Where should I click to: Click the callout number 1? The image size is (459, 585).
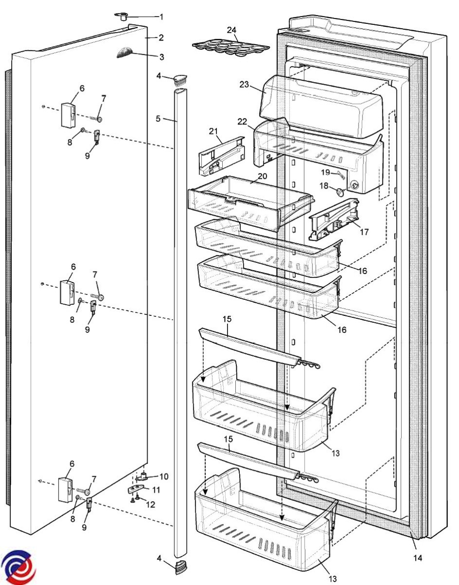(162, 17)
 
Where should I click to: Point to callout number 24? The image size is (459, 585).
(232, 30)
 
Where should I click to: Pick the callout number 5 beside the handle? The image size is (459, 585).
(158, 118)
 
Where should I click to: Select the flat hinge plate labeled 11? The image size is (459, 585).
(139, 489)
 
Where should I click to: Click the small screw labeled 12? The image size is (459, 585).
(137, 498)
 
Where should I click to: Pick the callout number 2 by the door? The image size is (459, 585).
(161, 38)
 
